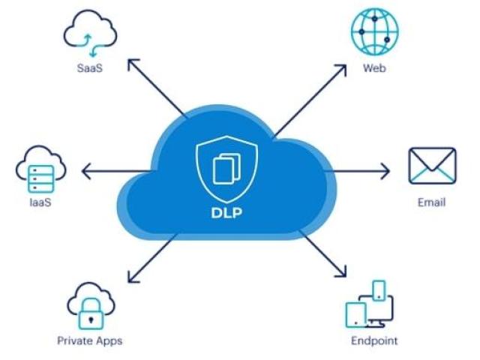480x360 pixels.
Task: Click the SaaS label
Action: click(90, 67)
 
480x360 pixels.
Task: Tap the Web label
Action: click(374, 67)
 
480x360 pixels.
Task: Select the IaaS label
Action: click(40, 202)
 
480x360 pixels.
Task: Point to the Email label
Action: click(432, 202)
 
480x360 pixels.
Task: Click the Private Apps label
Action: click(90, 340)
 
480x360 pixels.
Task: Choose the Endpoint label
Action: click(374, 340)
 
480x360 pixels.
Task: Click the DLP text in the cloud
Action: click(226, 213)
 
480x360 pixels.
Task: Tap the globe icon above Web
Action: click(375, 31)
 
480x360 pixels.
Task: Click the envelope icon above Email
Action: click(432, 166)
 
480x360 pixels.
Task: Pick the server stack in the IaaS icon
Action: click(41, 178)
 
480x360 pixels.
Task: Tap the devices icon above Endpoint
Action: click(370, 304)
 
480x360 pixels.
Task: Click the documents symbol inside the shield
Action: click(226, 169)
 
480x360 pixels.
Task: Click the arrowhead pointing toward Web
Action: click(342, 69)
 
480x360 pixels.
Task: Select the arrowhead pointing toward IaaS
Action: click(85, 171)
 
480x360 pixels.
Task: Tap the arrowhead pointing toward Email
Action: click(385, 171)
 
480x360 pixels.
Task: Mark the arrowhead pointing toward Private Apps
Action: click(132, 277)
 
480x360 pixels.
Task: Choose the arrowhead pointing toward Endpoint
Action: click(342, 272)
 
